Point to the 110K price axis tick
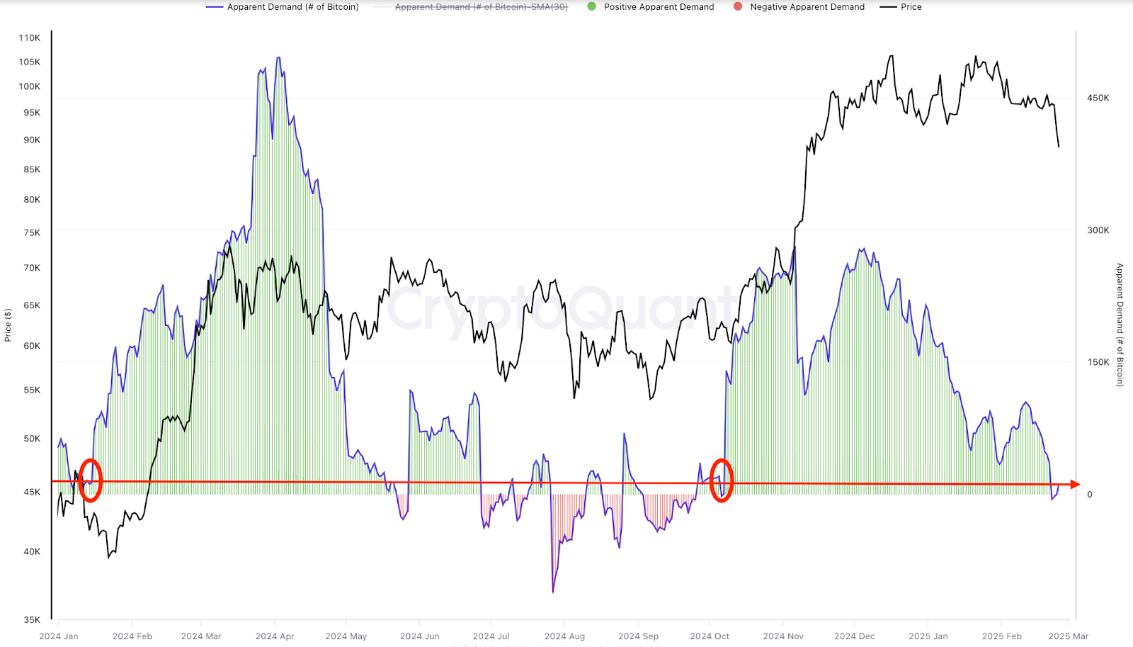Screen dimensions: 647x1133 [x=30, y=38]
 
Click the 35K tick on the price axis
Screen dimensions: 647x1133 [x=32, y=620]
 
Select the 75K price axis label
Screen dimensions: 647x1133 [x=32, y=233]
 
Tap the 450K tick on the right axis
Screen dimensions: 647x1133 [x=1098, y=99]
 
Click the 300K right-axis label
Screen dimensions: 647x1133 [x=1098, y=230]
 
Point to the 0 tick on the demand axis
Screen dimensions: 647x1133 [x=1090, y=495]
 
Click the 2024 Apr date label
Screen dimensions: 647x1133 [x=275, y=636]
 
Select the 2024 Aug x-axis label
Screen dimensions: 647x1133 [x=564, y=636]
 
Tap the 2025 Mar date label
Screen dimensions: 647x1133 [x=1069, y=636]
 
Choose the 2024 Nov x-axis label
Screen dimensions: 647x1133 [x=783, y=636]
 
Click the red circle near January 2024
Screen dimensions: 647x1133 [x=90, y=480]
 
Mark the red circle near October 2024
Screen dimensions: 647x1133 [x=721, y=480]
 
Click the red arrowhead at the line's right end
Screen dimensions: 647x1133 [x=1075, y=485]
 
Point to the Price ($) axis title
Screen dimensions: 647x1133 [x=8, y=325]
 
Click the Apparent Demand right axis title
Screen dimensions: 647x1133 [x=1120, y=325]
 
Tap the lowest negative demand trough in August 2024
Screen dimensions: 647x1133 [x=553, y=591]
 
